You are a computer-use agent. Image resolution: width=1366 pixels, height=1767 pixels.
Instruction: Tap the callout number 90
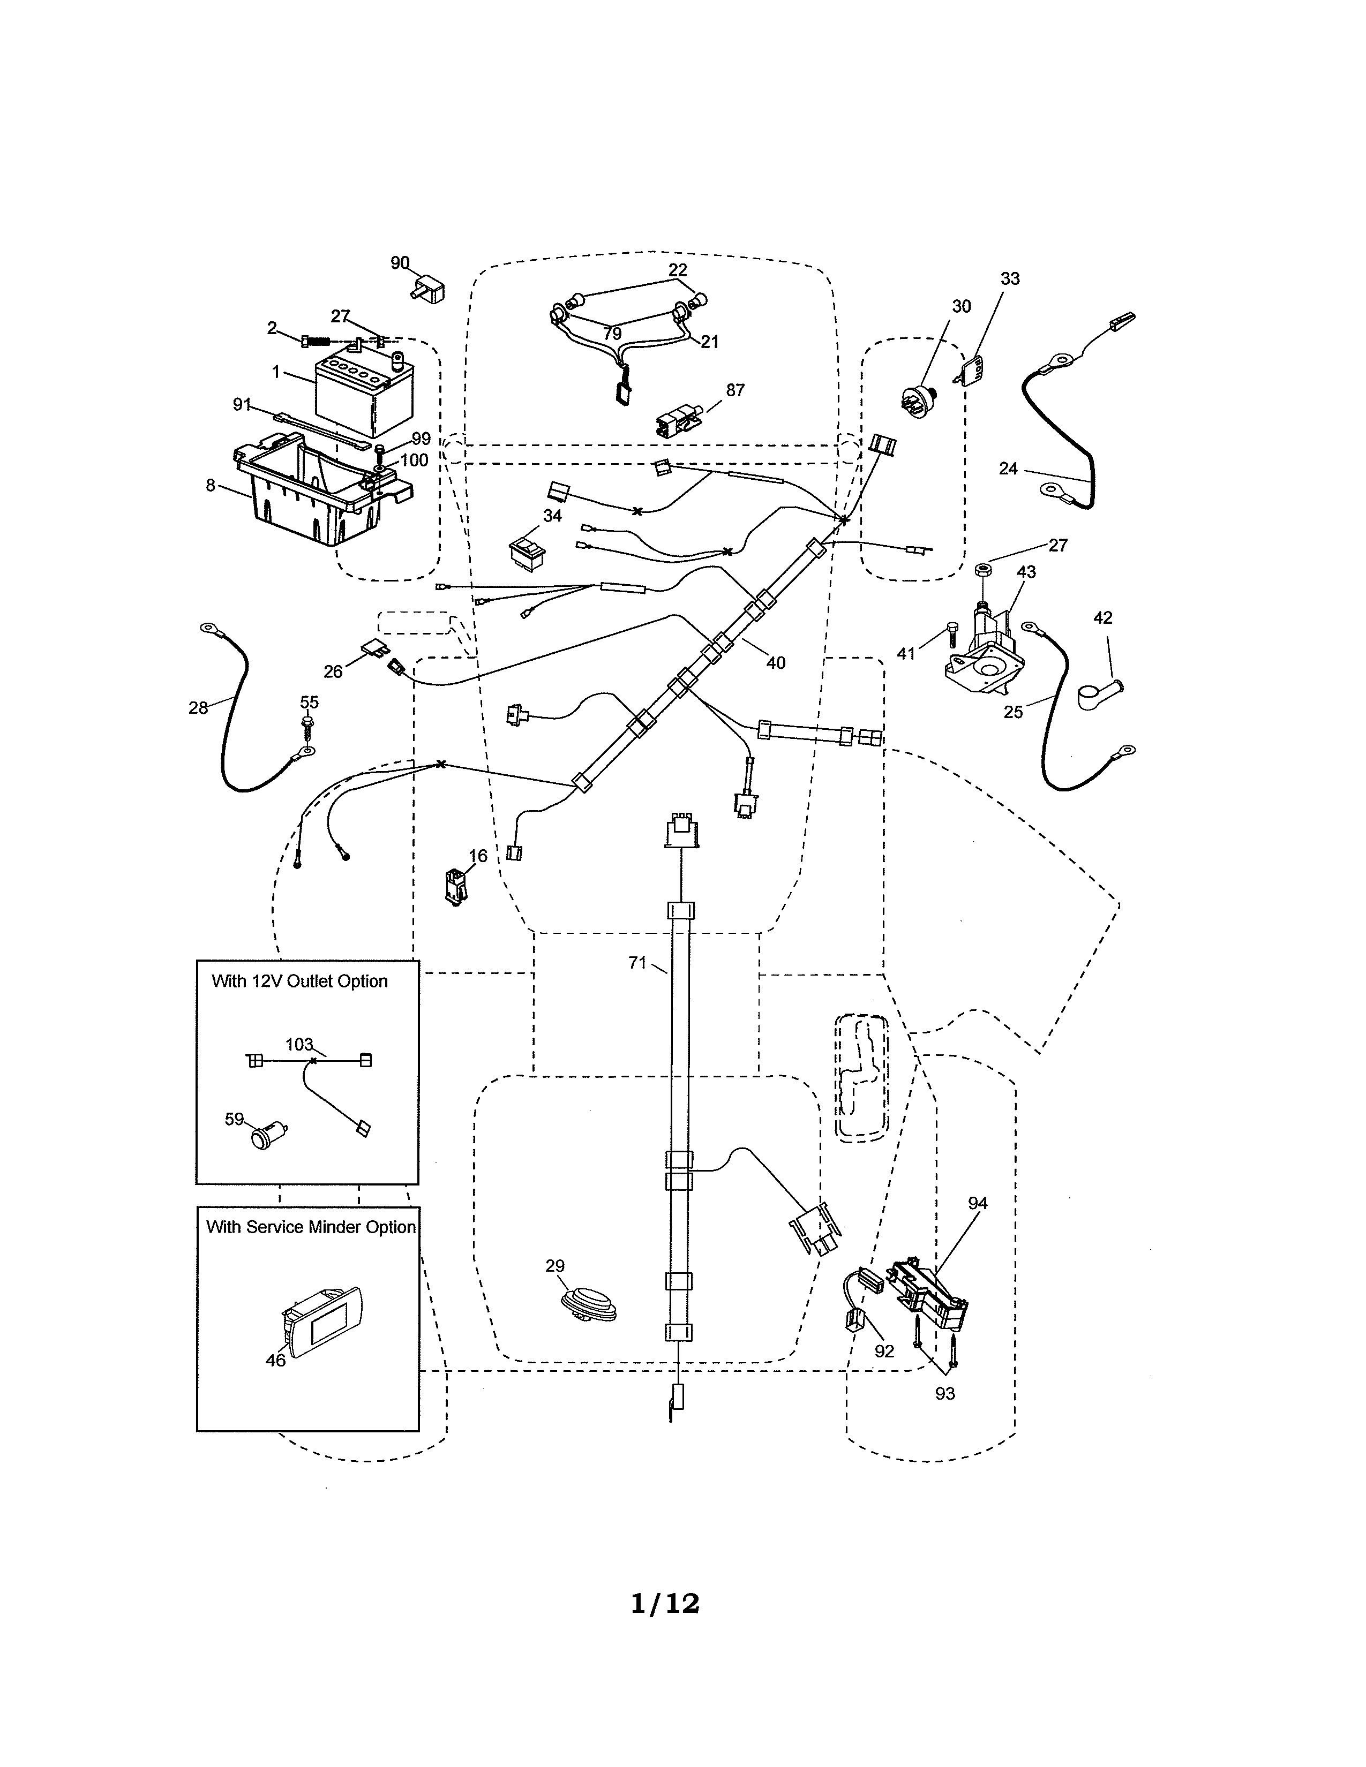tap(400, 263)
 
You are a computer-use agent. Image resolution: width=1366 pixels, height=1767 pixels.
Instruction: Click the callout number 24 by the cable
tap(1008, 469)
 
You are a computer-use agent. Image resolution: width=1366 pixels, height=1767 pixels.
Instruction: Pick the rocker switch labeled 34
tap(527, 549)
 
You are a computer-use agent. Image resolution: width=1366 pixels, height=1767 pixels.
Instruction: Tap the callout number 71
tap(637, 963)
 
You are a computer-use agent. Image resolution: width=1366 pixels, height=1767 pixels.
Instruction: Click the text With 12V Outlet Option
tap(299, 981)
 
